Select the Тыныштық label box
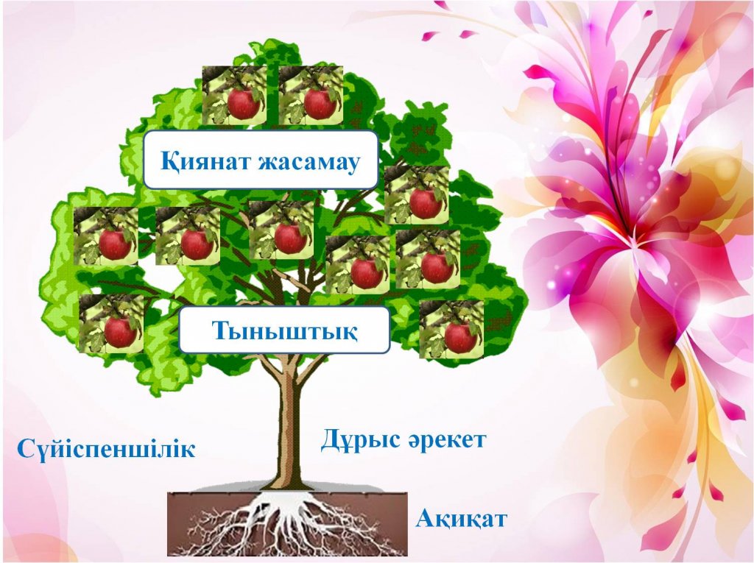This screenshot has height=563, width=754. tap(284, 330)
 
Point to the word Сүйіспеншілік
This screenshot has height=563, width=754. tap(106, 449)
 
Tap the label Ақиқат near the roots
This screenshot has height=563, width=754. tap(461, 519)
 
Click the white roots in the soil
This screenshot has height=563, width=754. tap(289, 524)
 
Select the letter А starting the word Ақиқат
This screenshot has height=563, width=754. tap(425, 519)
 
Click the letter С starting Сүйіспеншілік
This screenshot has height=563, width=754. tap(27, 450)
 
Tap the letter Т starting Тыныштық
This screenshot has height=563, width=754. tap(221, 330)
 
